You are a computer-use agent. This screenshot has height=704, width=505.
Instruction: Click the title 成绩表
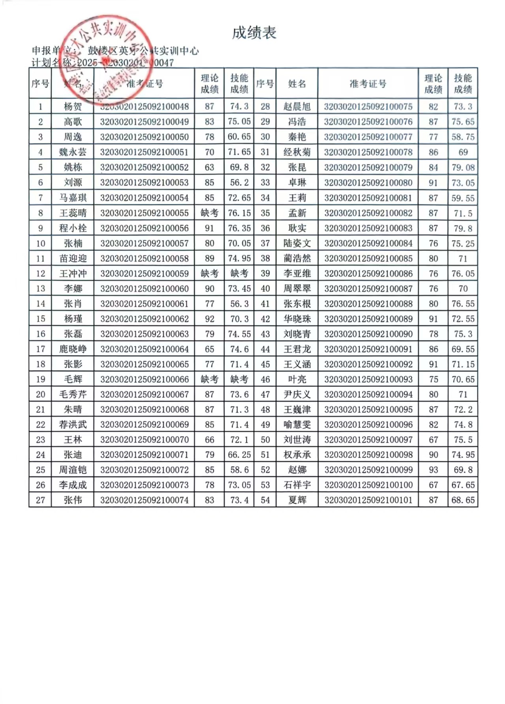253,33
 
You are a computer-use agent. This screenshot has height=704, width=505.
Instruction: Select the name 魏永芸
73,152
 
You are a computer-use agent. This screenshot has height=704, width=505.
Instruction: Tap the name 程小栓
73,228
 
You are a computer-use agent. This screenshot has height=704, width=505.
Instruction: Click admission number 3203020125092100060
144,289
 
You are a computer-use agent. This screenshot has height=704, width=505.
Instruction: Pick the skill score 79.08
463,168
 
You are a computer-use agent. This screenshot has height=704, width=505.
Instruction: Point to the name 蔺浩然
297,258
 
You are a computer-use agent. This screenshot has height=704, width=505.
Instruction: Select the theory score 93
433,470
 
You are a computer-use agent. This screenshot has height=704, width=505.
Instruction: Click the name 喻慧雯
297,425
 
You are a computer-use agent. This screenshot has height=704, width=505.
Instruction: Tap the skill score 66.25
239,455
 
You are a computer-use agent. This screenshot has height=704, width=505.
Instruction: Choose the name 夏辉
297,500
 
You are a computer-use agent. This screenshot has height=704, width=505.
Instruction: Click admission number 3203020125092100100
368,485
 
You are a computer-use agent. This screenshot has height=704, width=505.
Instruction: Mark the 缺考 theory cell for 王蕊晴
209,213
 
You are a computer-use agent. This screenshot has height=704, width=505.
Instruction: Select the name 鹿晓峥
73,349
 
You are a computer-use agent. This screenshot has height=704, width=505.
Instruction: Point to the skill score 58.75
463,137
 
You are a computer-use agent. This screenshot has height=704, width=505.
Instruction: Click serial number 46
265,380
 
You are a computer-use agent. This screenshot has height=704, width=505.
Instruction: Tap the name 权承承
297,455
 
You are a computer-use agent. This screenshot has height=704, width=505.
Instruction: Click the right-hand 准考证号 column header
368,84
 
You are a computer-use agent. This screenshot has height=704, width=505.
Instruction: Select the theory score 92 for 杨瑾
209,319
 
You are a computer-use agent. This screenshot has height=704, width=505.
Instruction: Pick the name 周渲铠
73,470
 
